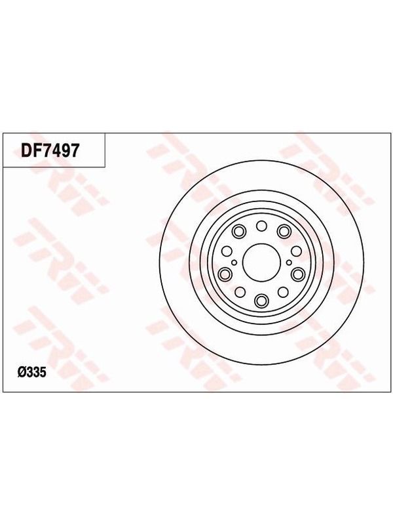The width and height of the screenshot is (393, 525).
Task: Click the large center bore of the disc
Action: click(261, 262)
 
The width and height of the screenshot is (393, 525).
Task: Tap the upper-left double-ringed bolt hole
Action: click(238, 231)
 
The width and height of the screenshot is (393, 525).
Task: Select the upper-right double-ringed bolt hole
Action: click(284, 231)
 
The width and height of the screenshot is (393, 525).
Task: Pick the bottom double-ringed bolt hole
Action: click(261, 300)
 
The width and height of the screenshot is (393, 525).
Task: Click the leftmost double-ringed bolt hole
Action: click(225, 274)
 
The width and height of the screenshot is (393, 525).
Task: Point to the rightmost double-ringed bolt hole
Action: click(297, 274)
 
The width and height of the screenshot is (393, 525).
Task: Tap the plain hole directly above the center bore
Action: click(261, 226)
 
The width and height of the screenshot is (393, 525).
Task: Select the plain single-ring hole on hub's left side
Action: click(227, 251)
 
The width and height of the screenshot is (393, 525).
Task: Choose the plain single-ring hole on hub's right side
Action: click(296, 251)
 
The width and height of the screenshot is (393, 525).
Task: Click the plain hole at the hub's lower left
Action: click(240, 292)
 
